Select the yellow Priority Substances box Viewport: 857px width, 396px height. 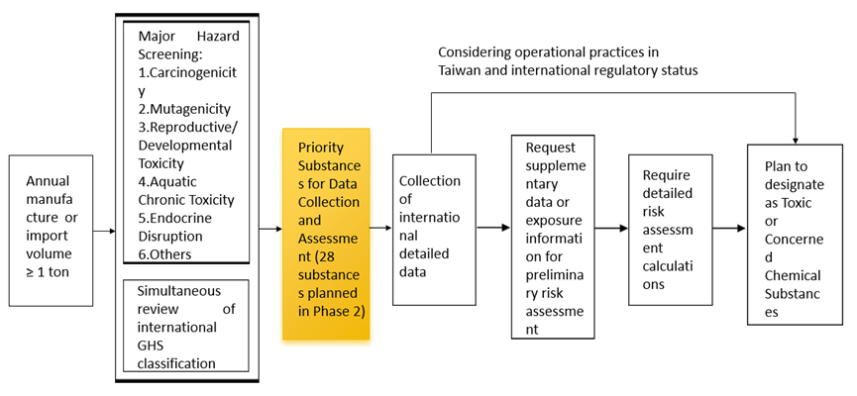coord(326,234)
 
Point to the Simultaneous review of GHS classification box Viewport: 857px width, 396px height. coord(187,326)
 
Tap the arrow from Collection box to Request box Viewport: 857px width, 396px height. coord(493,228)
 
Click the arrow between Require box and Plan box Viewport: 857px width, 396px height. coord(728,228)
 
